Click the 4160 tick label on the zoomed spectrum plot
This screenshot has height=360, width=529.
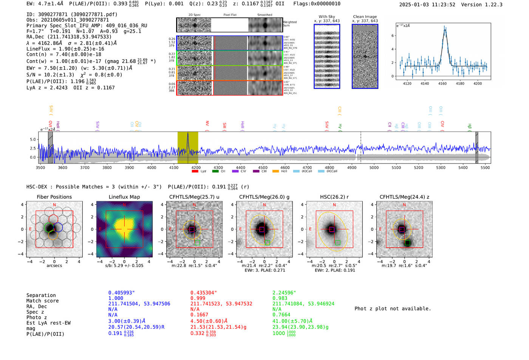[x=442, y=83]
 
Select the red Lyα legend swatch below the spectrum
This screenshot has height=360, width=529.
[x=195, y=171]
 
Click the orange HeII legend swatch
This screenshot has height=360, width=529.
[x=275, y=171]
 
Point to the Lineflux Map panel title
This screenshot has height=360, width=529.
[x=124, y=197]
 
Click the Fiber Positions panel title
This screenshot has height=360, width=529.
[x=54, y=197]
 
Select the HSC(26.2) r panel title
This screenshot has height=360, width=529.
[x=334, y=197]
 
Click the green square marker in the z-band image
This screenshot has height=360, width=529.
[x=407, y=243]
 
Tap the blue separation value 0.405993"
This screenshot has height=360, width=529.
[x=121, y=293]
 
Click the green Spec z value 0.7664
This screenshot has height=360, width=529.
[x=281, y=315]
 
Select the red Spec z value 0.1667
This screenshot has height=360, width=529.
[x=199, y=315]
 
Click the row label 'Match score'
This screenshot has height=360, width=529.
[x=42, y=301]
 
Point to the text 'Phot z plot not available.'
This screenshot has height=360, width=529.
[x=393, y=309]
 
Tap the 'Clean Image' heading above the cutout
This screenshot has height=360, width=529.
[x=365, y=17]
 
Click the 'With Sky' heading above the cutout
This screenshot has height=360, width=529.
[x=326, y=17]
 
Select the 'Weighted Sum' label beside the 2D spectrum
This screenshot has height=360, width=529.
[x=290, y=23]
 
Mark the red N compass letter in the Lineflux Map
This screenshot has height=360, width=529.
[x=124, y=205]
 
